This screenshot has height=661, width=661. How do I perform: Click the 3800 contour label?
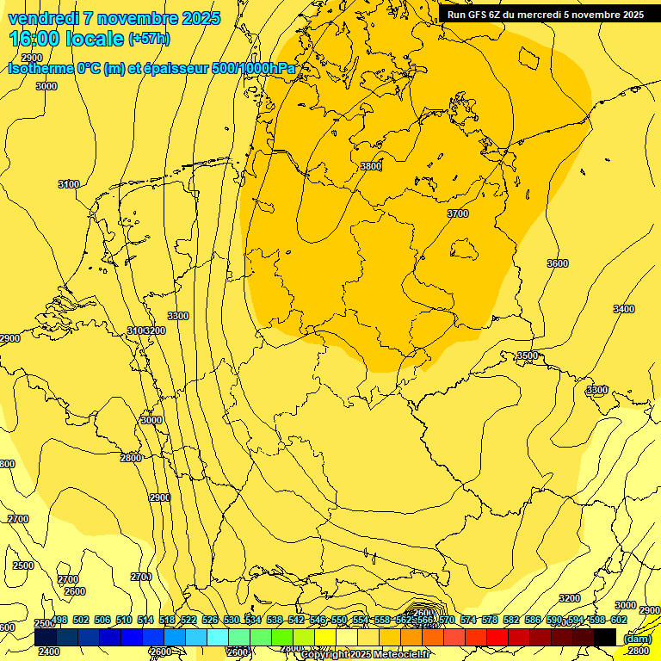coord(370,166)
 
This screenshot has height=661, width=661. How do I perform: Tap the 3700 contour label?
coord(458,213)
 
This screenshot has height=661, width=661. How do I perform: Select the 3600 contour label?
coord(558,263)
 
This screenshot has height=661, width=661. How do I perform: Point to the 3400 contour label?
coord(624,309)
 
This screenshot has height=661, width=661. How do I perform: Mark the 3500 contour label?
coord(527,355)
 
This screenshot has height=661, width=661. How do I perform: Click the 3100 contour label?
coord(69,184)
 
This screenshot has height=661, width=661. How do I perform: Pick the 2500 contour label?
coord(23,565)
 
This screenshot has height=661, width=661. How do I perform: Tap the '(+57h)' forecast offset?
coord(149,39)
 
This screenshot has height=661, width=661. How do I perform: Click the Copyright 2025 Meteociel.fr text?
coord(377,655)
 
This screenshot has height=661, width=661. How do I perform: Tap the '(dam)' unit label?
coord(636,639)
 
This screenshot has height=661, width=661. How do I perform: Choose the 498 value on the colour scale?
coord(59,621)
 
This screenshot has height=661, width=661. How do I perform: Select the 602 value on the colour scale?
coord(618,621)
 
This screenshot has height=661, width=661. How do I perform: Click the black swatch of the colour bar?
coord(605,637)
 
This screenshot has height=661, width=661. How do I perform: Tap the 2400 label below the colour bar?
coord(49,652)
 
